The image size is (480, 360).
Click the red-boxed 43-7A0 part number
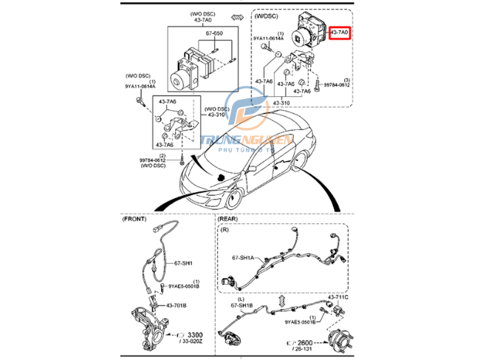pos(339,33)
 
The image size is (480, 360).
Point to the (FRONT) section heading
pos(135,219)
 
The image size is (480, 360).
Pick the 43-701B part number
pos(175,305)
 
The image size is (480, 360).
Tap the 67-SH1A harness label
pos(242,258)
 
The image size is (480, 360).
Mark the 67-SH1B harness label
pos(242,305)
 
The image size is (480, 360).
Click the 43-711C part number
pos(337,296)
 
